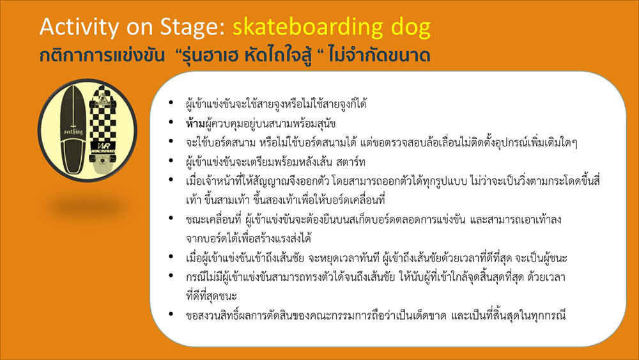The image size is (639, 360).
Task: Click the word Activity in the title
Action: pyautogui.click(x=79, y=27)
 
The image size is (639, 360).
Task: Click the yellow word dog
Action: pyautogui.click(x=411, y=27)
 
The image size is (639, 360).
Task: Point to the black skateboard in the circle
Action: pyautogui.click(x=73, y=130)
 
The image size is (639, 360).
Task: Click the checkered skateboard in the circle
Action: pyautogui.click(x=102, y=130)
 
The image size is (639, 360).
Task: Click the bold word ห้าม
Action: pyautogui.click(x=195, y=123)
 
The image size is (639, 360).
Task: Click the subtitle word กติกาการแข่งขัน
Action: pyautogui.click(x=102, y=56)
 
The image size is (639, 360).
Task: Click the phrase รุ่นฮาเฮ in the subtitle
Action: pyautogui.click(x=212, y=56)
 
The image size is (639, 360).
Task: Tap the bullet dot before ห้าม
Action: pyautogui.click(x=171, y=122)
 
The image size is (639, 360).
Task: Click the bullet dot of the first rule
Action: pyautogui.click(x=171, y=103)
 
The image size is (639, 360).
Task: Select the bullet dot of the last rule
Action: pyautogui.click(x=171, y=314)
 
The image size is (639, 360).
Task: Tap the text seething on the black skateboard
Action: pyautogui.click(x=73, y=132)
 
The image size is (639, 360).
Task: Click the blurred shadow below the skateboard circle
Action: pyautogui.click(x=88, y=208)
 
